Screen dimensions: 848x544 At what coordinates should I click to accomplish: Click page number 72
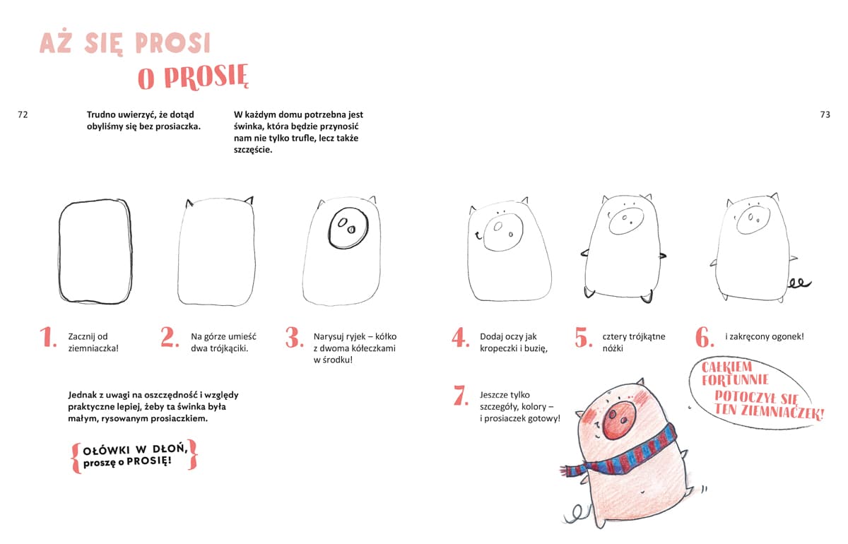click(x=23, y=114)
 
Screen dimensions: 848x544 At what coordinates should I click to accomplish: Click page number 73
click(x=825, y=114)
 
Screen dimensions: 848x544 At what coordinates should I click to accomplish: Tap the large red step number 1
click(x=48, y=337)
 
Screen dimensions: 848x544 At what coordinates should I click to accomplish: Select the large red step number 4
click(x=460, y=337)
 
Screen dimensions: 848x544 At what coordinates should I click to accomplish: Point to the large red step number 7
click(x=461, y=395)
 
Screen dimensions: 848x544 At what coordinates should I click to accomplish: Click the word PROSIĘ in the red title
click(x=206, y=78)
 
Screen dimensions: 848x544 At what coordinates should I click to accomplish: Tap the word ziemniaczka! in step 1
click(x=93, y=349)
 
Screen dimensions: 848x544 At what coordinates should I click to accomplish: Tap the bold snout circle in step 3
click(x=348, y=228)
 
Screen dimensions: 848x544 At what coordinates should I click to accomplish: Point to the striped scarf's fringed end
click(x=568, y=471)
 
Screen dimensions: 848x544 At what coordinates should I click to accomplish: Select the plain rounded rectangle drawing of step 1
click(x=95, y=251)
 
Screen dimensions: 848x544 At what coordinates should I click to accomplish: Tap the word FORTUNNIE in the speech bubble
click(x=735, y=379)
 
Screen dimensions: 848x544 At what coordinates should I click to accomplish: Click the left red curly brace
click(x=76, y=459)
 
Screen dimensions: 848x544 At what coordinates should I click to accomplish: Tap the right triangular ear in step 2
click(x=249, y=200)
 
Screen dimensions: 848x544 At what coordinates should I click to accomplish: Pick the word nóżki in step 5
click(x=613, y=348)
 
